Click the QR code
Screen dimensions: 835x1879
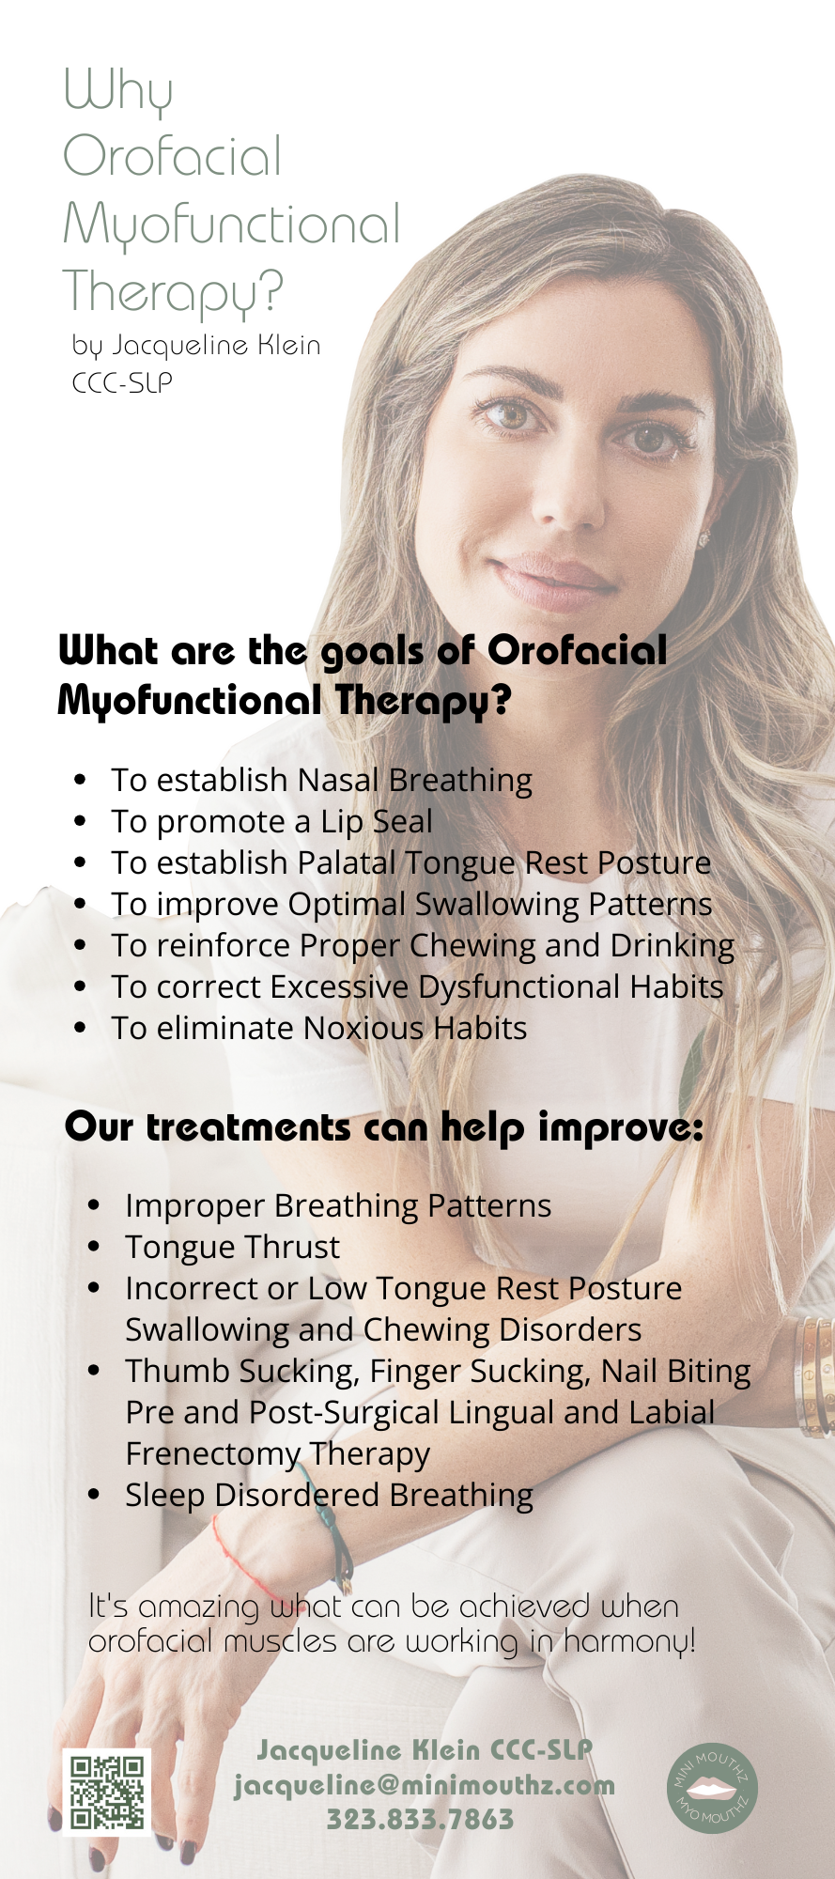tap(107, 1792)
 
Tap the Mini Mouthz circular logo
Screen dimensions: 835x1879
tap(713, 1785)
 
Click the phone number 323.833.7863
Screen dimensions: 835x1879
tap(420, 1820)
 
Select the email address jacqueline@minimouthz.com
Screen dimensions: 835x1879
tap(425, 1785)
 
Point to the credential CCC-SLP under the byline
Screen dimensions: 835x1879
tap(123, 382)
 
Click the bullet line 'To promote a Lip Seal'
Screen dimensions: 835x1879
tap(271, 822)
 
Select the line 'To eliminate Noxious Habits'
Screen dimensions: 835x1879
tap(318, 1028)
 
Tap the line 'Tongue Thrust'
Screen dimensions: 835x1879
tap(232, 1247)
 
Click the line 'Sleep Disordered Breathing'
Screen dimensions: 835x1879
tap(329, 1495)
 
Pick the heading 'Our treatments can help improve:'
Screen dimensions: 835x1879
tap(384, 1127)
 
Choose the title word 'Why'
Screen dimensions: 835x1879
tap(118, 92)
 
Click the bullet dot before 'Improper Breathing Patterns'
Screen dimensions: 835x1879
tap(94, 1205)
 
